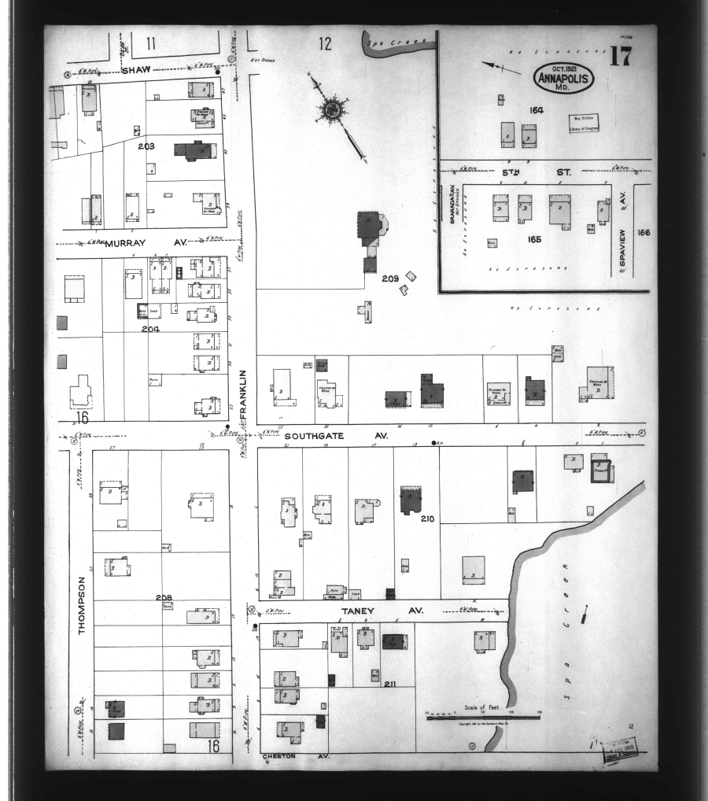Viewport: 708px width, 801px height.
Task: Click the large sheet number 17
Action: [620, 57]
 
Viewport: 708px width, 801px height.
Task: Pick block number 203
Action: [146, 146]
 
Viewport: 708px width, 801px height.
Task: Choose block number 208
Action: [164, 598]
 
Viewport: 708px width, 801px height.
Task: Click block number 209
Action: [390, 279]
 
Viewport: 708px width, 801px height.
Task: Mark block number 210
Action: [428, 519]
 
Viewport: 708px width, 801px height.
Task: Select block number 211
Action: [389, 685]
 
